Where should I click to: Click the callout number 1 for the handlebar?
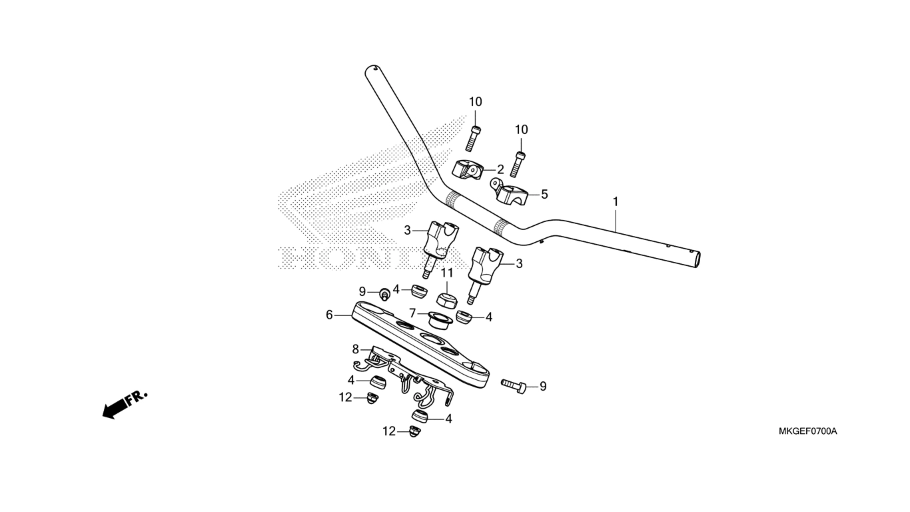pyautogui.click(x=616, y=202)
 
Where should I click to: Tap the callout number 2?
pyautogui.click(x=500, y=169)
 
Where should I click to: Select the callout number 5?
pyautogui.click(x=544, y=195)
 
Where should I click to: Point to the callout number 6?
pyautogui.click(x=329, y=315)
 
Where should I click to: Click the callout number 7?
pyautogui.click(x=413, y=313)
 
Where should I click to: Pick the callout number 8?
pyautogui.click(x=356, y=349)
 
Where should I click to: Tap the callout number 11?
pyautogui.click(x=447, y=273)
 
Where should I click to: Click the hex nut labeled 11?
pyautogui.click(x=447, y=301)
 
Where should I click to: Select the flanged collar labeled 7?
pyautogui.click(x=441, y=321)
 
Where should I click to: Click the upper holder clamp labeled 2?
pyautogui.click(x=468, y=170)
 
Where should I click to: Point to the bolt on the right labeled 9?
pyautogui.click(x=514, y=385)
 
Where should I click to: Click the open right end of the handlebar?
pyautogui.click(x=696, y=259)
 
